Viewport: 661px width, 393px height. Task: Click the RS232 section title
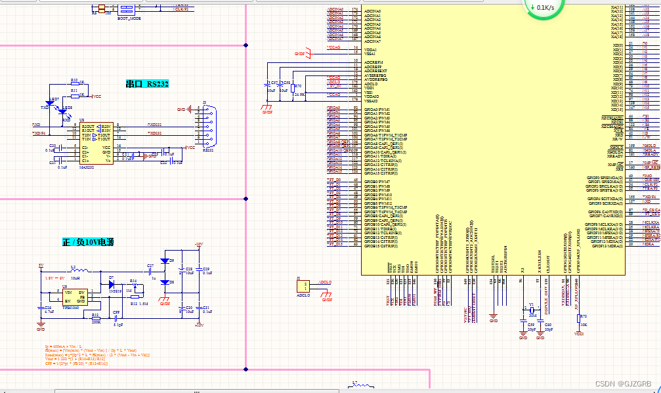(148, 84)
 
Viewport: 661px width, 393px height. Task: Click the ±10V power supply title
(88, 242)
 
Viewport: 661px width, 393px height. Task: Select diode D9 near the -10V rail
(165, 261)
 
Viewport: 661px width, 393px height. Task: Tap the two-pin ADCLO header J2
(304, 286)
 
